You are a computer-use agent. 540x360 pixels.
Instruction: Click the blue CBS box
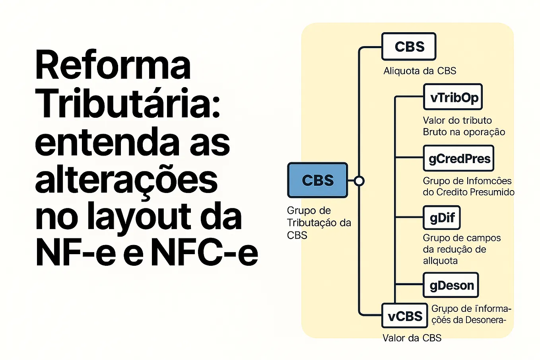(x=317, y=180)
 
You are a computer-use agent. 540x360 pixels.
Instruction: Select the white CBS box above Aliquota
(x=409, y=47)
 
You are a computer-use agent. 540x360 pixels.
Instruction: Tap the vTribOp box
(x=453, y=97)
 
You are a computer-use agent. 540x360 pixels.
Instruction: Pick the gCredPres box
(x=459, y=158)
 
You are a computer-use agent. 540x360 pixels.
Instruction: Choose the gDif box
(x=442, y=218)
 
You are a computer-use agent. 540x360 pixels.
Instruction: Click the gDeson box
(x=451, y=285)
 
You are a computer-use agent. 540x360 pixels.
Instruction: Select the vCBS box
(x=405, y=316)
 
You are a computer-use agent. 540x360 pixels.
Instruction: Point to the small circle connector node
(x=359, y=181)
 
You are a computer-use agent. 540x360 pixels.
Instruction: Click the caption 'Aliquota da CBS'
(x=420, y=71)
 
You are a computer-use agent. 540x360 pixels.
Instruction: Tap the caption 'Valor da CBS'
(x=412, y=338)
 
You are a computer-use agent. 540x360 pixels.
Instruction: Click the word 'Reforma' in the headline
(x=113, y=65)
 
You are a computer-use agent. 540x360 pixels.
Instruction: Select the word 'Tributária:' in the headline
(x=128, y=103)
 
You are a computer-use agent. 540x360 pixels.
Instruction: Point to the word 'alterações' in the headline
(x=126, y=180)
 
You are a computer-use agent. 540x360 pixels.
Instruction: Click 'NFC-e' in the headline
(x=204, y=251)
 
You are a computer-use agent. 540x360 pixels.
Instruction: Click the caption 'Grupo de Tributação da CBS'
(x=319, y=223)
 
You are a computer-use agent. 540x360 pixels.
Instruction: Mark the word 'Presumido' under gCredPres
(x=492, y=192)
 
